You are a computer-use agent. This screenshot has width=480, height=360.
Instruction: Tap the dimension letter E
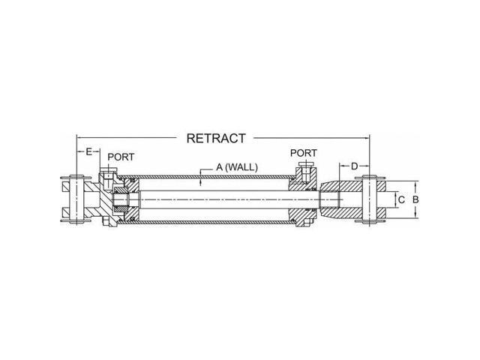[88, 151]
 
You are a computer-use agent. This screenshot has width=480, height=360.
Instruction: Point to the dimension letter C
[401, 199]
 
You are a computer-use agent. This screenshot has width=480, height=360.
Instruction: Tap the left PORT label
[121, 157]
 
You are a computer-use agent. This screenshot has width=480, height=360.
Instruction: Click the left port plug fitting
[109, 180]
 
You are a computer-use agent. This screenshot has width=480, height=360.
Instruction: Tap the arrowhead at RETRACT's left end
[79, 137]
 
